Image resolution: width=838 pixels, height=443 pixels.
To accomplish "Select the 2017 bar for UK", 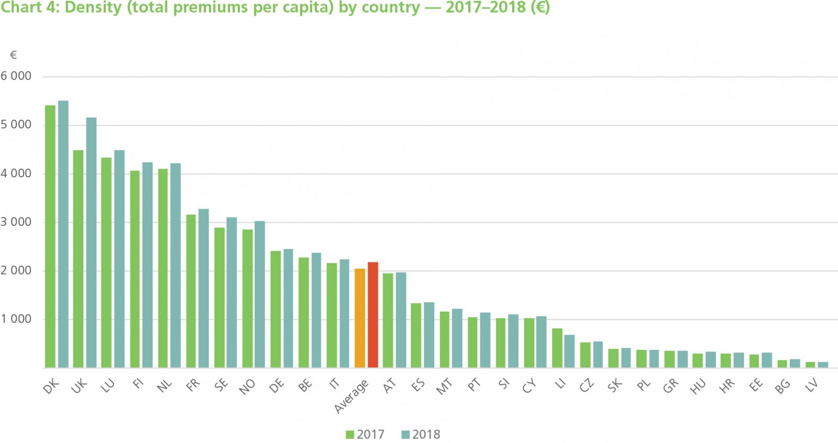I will tap(78, 259).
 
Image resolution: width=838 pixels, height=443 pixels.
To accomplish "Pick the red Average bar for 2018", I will tap(373, 315).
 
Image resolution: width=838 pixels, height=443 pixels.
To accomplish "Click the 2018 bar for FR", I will tap(204, 288).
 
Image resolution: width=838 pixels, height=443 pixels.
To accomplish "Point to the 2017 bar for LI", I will tap(557, 348).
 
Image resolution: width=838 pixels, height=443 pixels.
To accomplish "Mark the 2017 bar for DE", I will tap(275, 309).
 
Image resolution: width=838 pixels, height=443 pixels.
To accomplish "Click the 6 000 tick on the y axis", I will tap(16, 76).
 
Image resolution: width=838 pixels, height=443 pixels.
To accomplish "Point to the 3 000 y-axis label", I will tap(16, 222).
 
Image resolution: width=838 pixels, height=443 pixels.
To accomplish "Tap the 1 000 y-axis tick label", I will tap(16, 319).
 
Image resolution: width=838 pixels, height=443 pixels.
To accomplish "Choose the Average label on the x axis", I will tap(351, 396).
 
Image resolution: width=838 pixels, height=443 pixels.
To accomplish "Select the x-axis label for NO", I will tap(247, 387).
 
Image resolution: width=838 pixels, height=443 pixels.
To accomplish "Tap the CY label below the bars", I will tap(530, 387).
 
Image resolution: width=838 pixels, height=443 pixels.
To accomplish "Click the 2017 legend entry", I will tap(366, 435).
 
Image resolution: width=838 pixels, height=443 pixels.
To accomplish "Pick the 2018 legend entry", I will tap(421, 435).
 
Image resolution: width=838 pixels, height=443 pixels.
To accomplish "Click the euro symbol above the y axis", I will tap(14, 55).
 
